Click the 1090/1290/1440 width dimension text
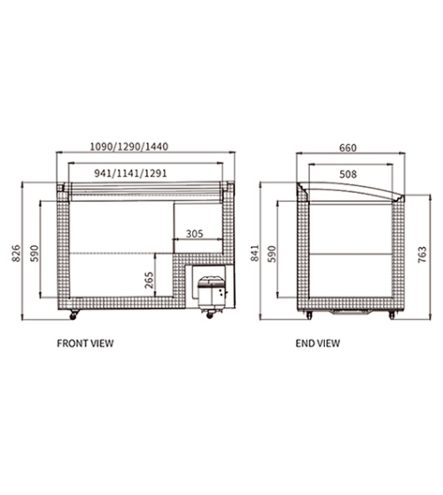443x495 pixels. pos(129,146)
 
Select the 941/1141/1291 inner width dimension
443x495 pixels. pos(130,174)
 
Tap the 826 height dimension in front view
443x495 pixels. pos(16,253)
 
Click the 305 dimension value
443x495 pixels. pos(195,234)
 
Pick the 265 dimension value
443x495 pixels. pos(149,280)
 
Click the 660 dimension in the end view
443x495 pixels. pos(348,148)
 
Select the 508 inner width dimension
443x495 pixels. pos(348,174)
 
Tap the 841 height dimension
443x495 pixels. pos(254,253)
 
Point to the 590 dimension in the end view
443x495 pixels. pos(272,254)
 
